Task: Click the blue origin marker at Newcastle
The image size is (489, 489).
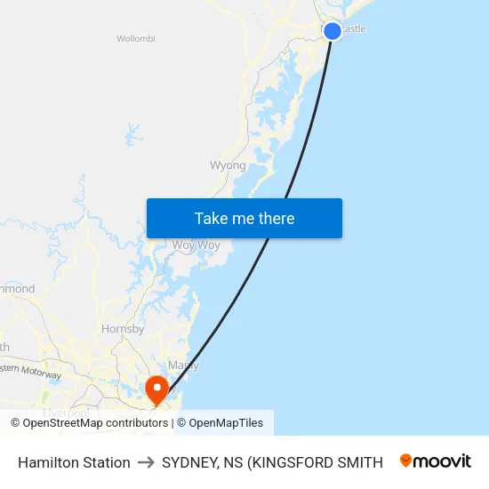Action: tap(332, 31)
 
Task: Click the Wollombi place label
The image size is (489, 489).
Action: tap(136, 39)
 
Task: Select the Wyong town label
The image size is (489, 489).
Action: tap(228, 165)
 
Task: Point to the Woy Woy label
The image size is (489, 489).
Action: tap(196, 244)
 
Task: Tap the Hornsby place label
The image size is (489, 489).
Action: tap(124, 329)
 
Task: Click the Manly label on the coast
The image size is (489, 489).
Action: tap(183, 365)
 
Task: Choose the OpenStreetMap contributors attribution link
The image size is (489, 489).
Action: tap(95, 423)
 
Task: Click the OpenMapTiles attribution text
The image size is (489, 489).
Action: tap(226, 423)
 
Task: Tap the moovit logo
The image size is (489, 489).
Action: tap(436, 461)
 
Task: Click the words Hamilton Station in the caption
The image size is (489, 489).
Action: tap(74, 462)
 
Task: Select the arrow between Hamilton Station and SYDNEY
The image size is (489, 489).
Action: tap(146, 462)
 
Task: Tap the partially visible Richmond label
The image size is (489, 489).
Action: tap(17, 289)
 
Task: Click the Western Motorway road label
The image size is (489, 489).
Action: tap(30, 373)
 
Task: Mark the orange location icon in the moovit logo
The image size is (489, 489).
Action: tap(406, 461)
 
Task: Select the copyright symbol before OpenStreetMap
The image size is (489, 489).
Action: tap(16, 423)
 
